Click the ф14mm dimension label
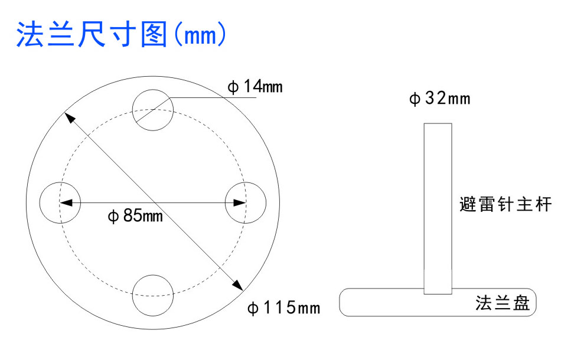point(255,87)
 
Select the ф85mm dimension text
point(135,216)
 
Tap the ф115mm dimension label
point(283,307)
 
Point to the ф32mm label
point(440,99)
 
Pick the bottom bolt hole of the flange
point(152,295)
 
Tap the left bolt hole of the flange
point(60,202)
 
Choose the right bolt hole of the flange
point(246,202)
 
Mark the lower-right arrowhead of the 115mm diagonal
point(237,286)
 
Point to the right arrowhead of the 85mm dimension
point(239,202)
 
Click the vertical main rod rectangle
point(438,207)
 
